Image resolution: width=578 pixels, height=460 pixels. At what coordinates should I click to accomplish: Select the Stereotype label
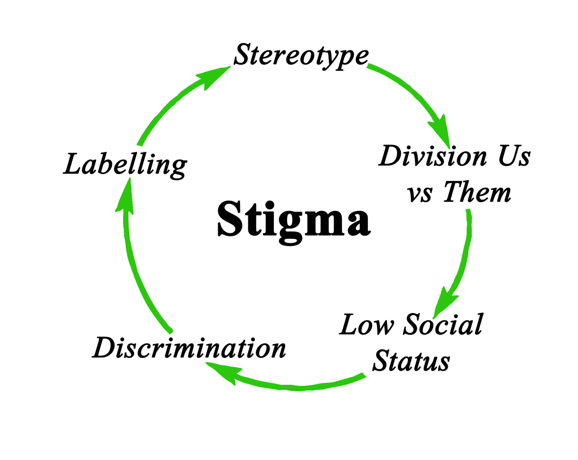coord(301,55)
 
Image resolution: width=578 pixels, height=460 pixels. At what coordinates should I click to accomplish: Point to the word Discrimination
coord(189,348)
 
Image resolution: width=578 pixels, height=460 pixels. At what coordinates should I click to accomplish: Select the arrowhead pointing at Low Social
coord(445,303)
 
